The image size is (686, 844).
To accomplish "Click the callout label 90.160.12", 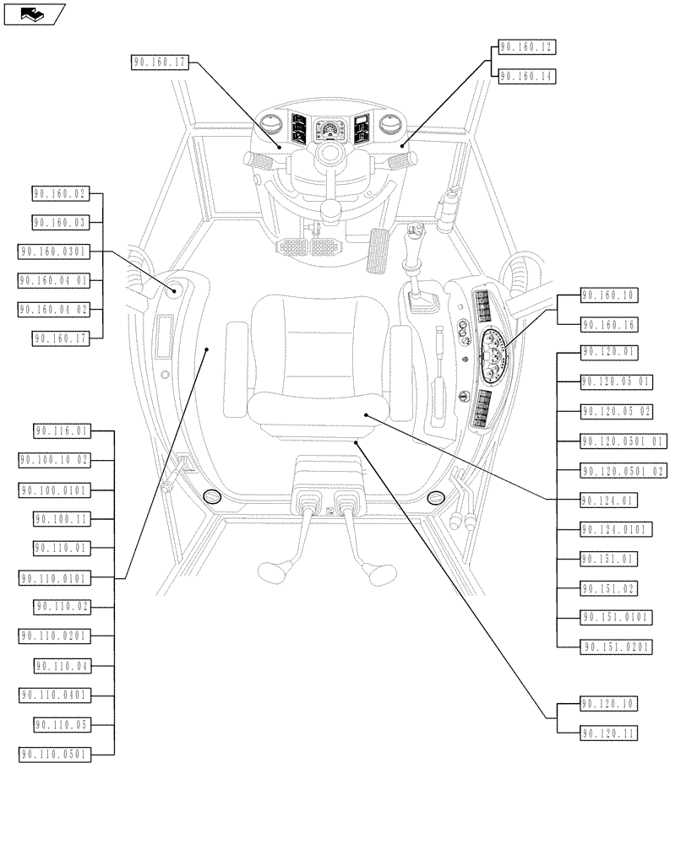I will click(526, 47).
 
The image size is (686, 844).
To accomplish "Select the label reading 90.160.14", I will click(526, 77).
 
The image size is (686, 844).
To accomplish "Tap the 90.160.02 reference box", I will click(60, 194).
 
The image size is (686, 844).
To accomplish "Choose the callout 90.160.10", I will click(609, 295).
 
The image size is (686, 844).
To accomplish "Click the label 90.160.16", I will click(609, 325).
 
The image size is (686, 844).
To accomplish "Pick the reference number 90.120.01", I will click(609, 352).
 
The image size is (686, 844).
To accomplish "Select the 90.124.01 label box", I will click(609, 500).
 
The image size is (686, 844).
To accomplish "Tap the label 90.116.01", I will click(62, 431).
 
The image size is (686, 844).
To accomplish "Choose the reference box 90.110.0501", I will click(54, 754).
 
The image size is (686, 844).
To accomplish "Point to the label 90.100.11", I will click(62, 518).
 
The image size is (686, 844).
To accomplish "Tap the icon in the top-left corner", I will click(34, 14).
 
